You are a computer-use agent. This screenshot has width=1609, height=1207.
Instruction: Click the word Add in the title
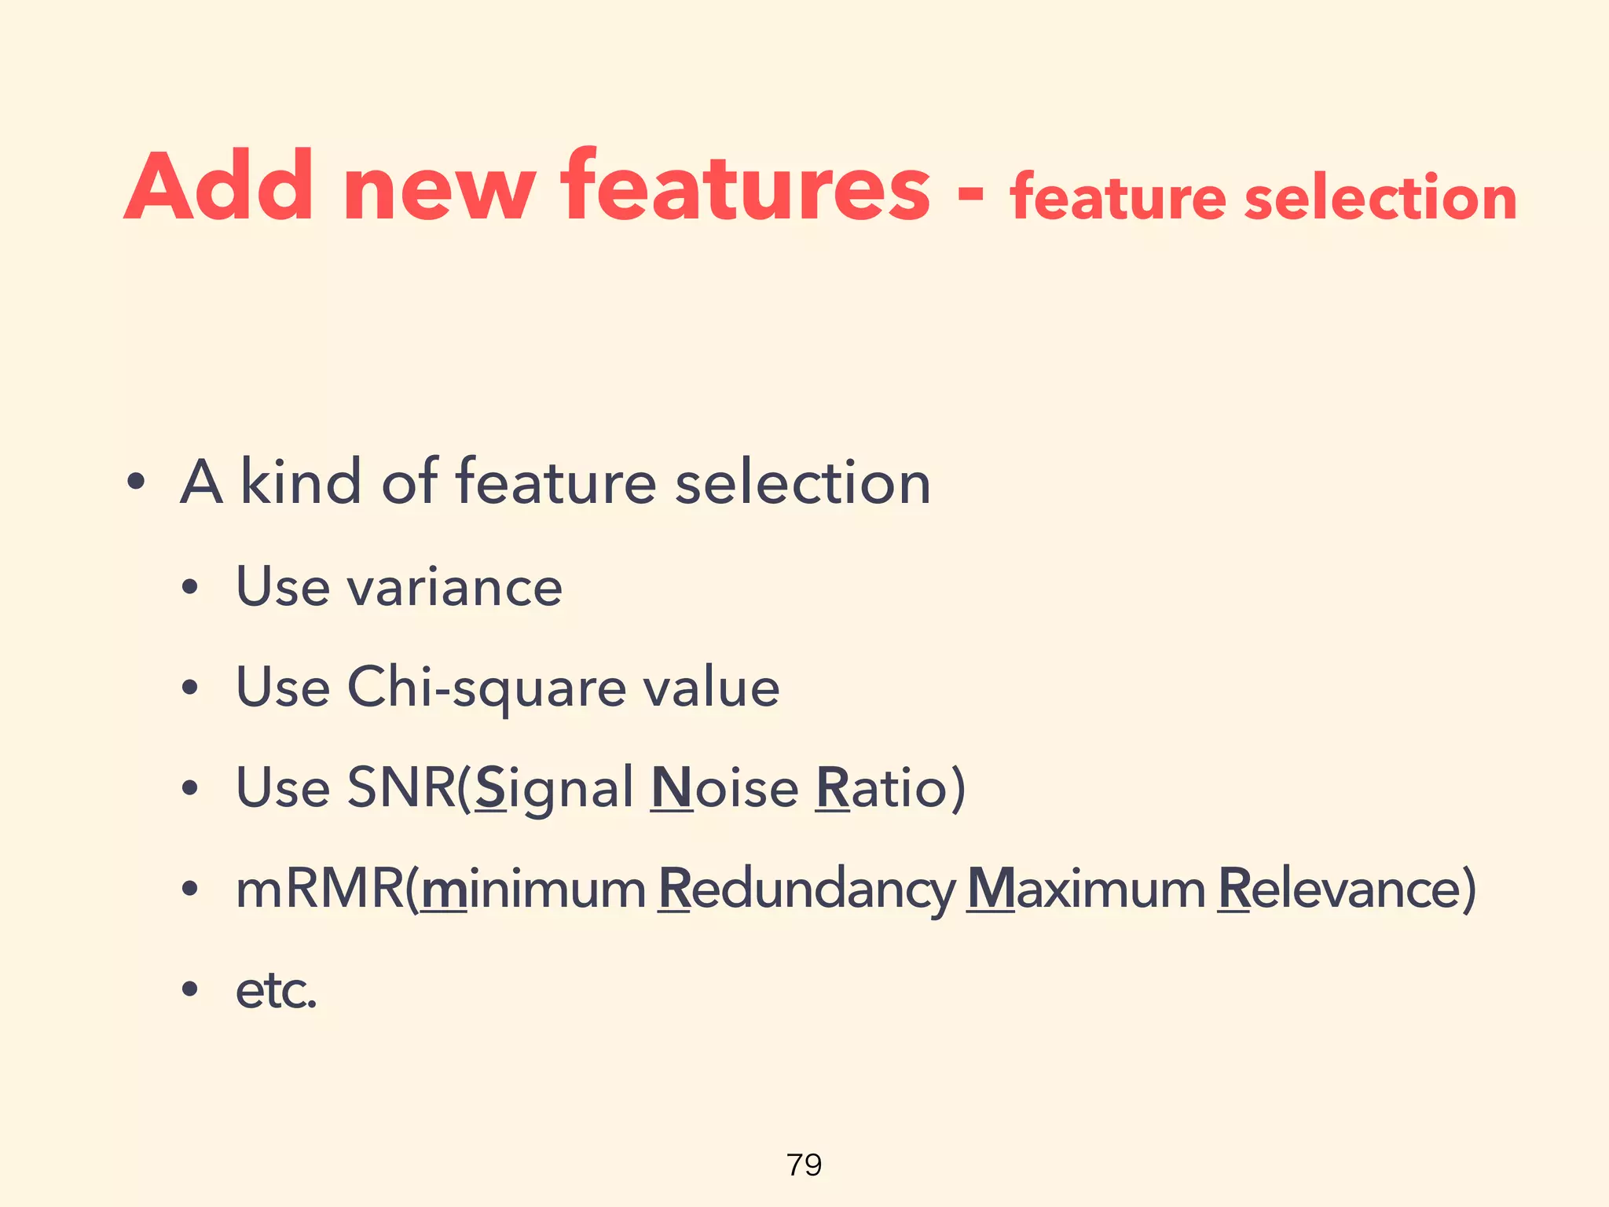tap(219, 186)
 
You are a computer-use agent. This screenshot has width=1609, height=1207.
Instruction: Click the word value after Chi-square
tap(711, 687)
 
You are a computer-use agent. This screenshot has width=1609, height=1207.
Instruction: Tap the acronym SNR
tap(401, 787)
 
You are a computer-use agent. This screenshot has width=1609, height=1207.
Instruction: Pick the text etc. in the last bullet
tap(276, 990)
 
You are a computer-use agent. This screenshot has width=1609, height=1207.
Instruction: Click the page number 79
tap(804, 1165)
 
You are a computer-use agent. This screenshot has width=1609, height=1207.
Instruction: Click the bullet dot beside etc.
tap(189, 989)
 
